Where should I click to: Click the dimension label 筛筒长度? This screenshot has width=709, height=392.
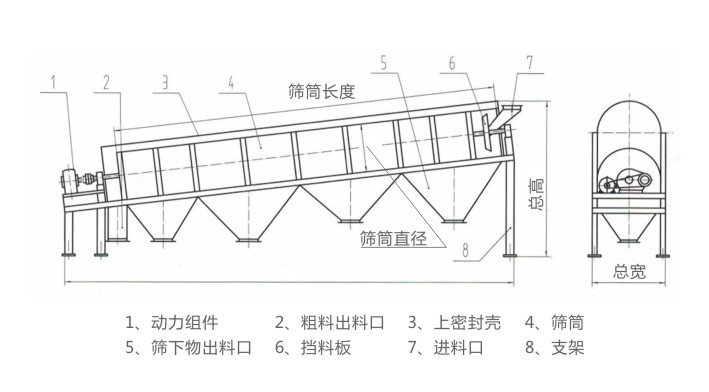pos(322,91)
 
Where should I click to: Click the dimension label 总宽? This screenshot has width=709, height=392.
pos(627,270)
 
